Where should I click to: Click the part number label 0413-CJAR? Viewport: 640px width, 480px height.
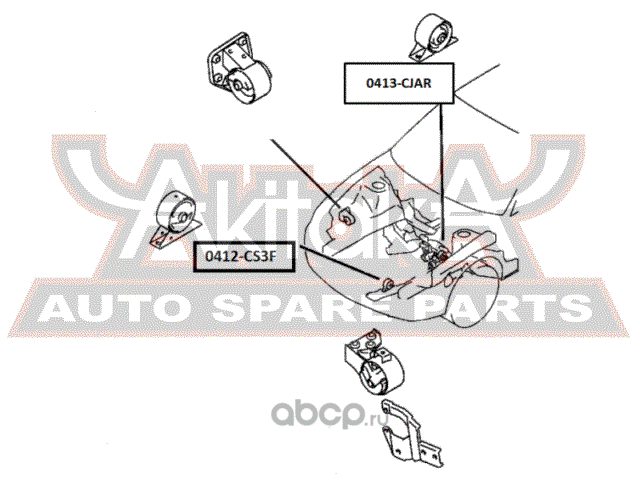click(399, 83)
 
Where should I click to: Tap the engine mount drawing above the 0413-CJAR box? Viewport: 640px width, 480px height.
click(433, 38)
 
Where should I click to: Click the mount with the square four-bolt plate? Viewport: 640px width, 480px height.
click(238, 68)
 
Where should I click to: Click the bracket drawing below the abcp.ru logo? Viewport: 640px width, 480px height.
click(410, 434)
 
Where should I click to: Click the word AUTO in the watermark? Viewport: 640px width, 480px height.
click(110, 309)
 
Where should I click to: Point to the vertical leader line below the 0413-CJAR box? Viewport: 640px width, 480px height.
click(442, 172)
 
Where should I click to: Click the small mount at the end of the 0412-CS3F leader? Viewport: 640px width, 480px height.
click(387, 283)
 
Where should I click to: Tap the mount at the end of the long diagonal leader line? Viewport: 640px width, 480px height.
click(346, 215)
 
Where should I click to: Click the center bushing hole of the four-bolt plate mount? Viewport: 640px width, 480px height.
click(237, 86)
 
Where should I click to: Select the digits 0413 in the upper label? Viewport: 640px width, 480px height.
click(380, 83)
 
